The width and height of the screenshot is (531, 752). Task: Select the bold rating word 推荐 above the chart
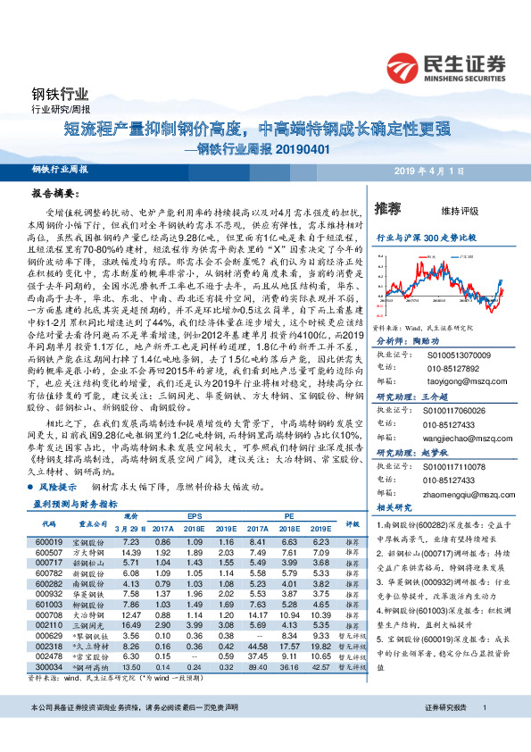point(388,208)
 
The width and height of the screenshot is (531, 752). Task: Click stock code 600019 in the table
point(48,541)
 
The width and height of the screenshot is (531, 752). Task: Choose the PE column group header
point(289,516)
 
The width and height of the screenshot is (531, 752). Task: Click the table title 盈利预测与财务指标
point(82,504)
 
